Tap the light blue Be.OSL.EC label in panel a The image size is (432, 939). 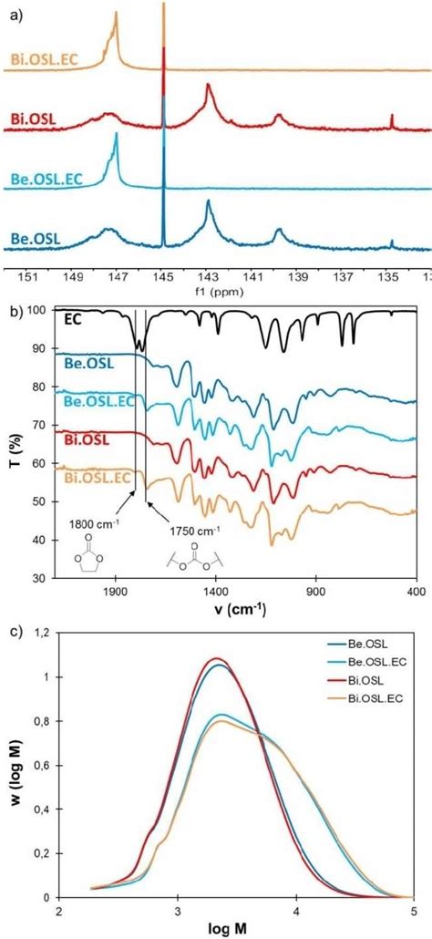click(x=46, y=179)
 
